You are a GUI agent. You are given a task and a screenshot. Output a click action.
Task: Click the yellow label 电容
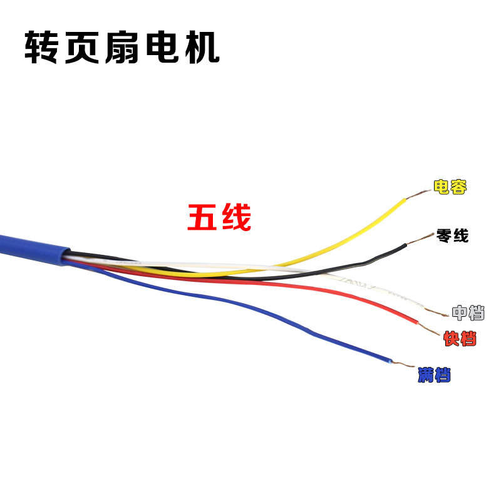pyautogui.click(x=450, y=187)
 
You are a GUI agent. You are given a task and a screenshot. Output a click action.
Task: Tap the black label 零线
pyautogui.click(x=452, y=236)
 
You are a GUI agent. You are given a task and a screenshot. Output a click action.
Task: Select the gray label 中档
pyautogui.click(x=468, y=312)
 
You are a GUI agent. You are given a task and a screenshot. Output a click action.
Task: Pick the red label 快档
pyautogui.click(x=460, y=338)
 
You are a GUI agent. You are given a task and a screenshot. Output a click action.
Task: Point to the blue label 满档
pyautogui.click(x=434, y=374)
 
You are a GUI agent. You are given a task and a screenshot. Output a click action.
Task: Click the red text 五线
pyautogui.click(x=219, y=217)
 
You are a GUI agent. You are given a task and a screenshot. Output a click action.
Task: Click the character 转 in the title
pyautogui.click(x=41, y=48)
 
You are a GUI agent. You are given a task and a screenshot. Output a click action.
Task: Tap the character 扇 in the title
pyautogui.click(x=122, y=48)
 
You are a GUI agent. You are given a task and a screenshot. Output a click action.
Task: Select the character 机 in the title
pyautogui.click(x=202, y=48)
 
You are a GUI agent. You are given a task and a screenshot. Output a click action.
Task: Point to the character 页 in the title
pyautogui.click(x=82, y=48)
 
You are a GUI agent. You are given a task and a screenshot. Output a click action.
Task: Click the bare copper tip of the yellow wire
pyautogui.click(x=418, y=194)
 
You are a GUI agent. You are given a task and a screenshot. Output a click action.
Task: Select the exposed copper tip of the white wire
pyautogui.click(x=436, y=312)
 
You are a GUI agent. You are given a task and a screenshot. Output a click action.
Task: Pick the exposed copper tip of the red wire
pyautogui.click(x=429, y=329)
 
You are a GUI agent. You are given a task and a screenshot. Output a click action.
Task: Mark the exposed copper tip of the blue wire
pyautogui.click(x=403, y=364)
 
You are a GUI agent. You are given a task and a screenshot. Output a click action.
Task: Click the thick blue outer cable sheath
pyautogui.click(x=34, y=249)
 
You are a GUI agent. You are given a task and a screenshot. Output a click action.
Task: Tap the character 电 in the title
pyautogui.click(x=162, y=48)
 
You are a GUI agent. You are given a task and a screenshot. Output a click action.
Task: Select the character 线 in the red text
pyautogui.click(x=237, y=217)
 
